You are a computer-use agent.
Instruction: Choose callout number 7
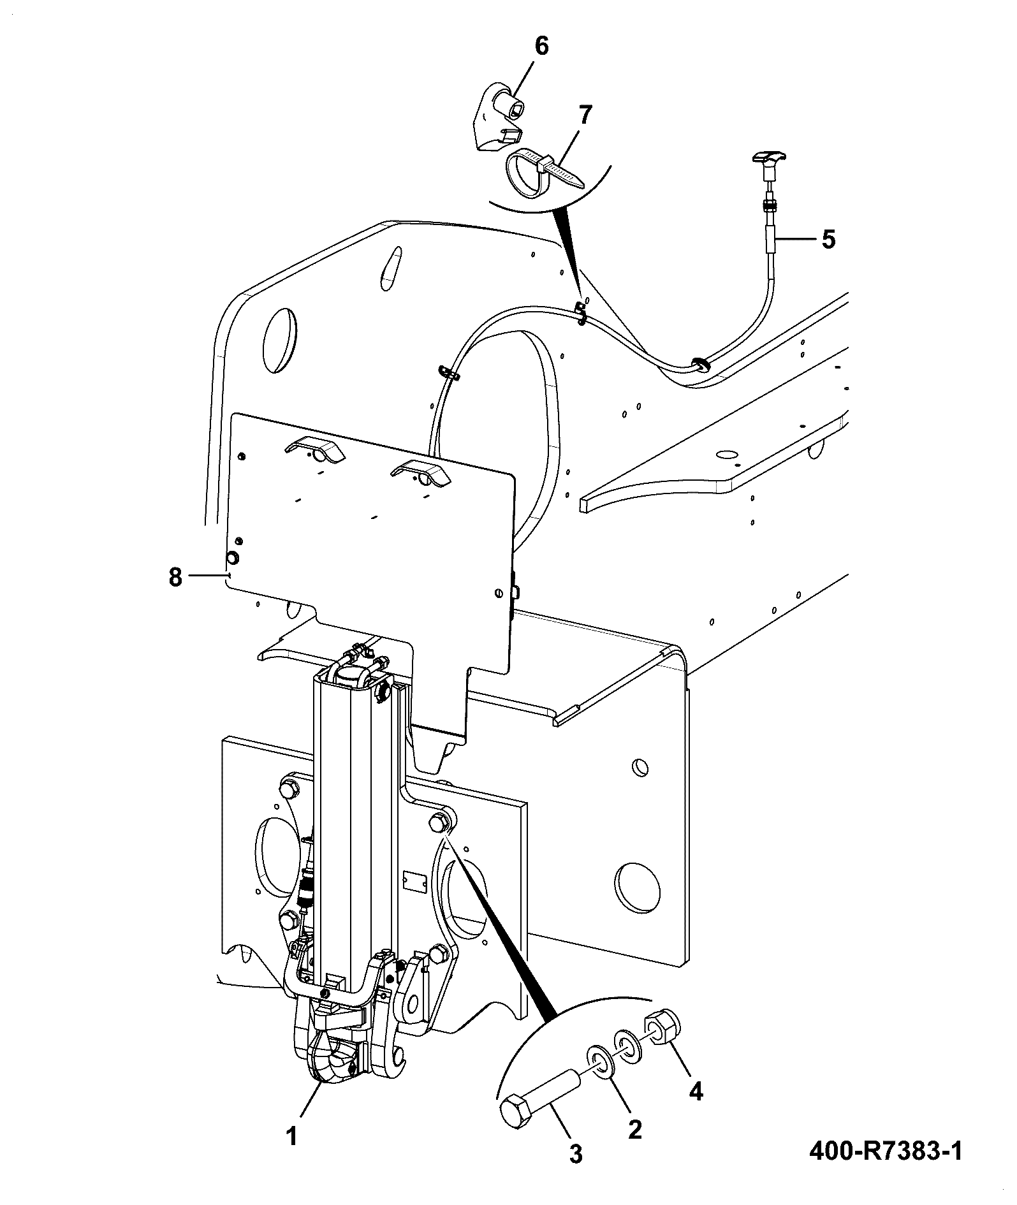coord(584,115)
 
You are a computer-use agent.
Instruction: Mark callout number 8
coord(175,577)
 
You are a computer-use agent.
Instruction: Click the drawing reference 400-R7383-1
coord(886,1151)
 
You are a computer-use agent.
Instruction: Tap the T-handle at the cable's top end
coord(770,158)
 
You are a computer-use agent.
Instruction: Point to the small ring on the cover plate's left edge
coord(233,559)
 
